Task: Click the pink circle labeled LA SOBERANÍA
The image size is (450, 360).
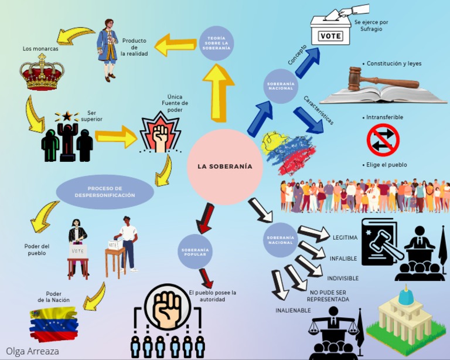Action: click(225, 167)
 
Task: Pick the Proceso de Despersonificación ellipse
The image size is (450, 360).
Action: click(105, 192)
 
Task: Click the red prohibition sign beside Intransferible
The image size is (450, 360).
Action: click(383, 141)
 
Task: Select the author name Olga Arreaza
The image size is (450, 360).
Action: click(32, 351)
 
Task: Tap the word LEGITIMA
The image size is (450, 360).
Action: click(345, 237)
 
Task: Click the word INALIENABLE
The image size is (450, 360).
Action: click(293, 310)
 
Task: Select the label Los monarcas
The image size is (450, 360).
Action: click(40, 49)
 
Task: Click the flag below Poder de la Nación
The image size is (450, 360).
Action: click(54, 324)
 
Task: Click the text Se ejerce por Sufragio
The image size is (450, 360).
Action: click(371, 25)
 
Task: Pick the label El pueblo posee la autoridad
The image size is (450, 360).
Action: click(213, 296)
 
